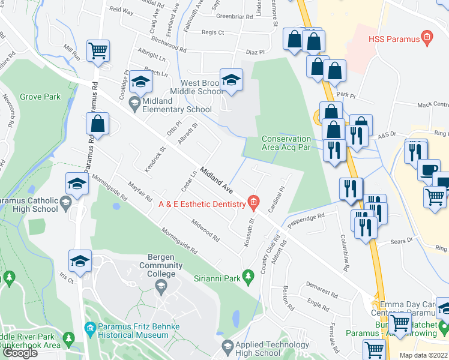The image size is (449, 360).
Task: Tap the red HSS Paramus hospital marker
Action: (427, 38)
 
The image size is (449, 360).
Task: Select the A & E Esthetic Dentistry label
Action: (202, 204)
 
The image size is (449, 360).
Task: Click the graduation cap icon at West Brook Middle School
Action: (231, 79)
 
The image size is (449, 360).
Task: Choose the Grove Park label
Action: (40, 97)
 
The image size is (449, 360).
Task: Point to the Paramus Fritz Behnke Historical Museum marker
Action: (90, 328)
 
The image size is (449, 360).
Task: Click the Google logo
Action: (20, 353)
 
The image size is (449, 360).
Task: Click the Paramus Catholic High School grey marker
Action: (66, 205)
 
